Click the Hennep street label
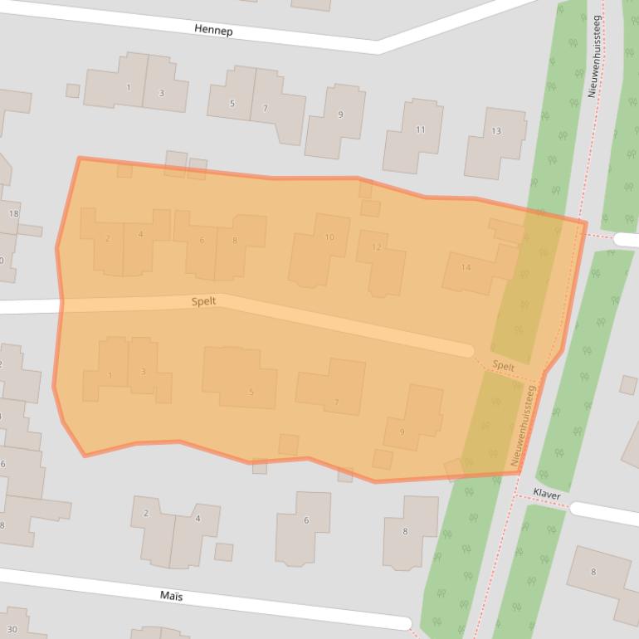pyautogui.click(x=213, y=30)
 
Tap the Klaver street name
pyautogui.click(x=547, y=495)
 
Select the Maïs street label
pyautogui.click(x=171, y=596)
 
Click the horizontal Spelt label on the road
pyautogui.click(x=203, y=301)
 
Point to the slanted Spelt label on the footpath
pyautogui.click(x=503, y=366)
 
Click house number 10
pyautogui.click(x=329, y=237)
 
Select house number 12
pyautogui.click(x=376, y=247)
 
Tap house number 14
pyautogui.click(x=466, y=267)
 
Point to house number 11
pyautogui.click(x=420, y=129)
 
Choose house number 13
pyautogui.click(x=496, y=131)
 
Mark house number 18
pyautogui.click(x=13, y=214)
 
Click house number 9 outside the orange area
pyautogui.click(x=340, y=115)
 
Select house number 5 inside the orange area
pyautogui.click(x=251, y=393)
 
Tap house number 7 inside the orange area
pyautogui.click(x=336, y=402)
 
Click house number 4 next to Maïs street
pyautogui.click(x=198, y=519)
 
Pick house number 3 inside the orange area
pyautogui.click(x=143, y=372)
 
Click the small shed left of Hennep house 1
pyautogui.click(x=73, y=90)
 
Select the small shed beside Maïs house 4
pyautogui.click(x=223, y=552)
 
